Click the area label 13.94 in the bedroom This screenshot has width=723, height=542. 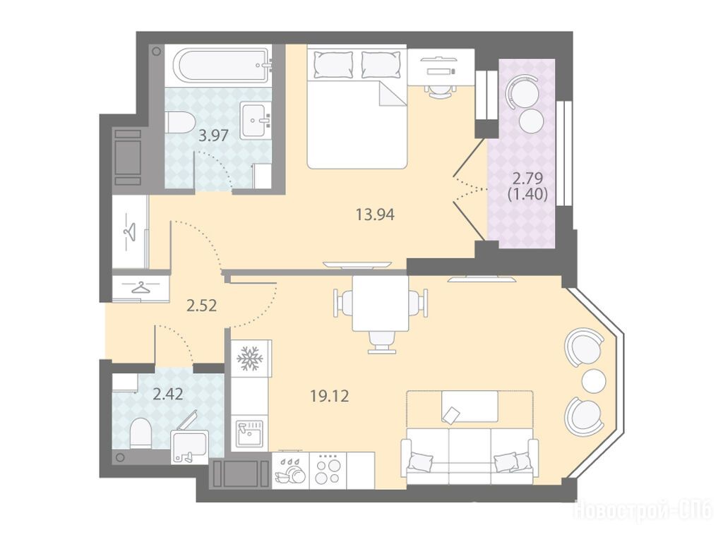tap(376, 215)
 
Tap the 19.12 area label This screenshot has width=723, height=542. tap(329, 395)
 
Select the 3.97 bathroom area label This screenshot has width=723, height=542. tap(213, 135)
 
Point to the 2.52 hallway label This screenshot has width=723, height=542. tap(201, 306)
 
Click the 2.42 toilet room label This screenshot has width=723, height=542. tap(168, 394)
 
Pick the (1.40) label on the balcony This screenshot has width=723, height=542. tap(527, 195)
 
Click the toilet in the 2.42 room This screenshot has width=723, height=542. tap(141, 433)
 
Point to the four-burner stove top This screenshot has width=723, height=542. tap(328, 471)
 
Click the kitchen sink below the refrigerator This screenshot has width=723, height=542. tap(249, 433)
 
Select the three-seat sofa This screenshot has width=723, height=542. tap(470, 456)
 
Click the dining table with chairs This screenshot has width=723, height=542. tap(381, 310)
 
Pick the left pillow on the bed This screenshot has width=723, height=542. tap(333, 64)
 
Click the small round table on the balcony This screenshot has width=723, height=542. tap(531, 120)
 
